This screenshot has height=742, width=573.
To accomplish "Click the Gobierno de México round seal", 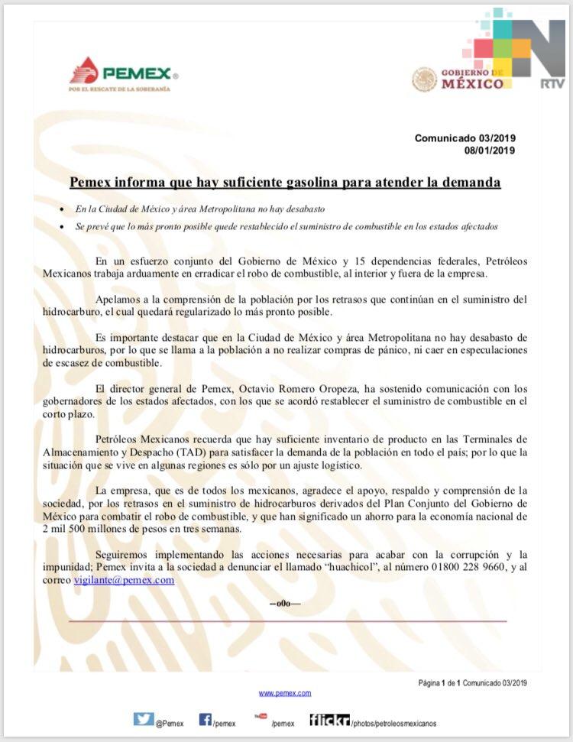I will (425, 79).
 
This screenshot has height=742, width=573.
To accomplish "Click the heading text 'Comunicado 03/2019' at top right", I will (465, 138).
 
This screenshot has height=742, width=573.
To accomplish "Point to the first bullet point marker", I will (61, 209).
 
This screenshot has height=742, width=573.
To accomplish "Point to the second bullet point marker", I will (61, 227).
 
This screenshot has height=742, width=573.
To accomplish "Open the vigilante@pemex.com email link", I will (124, 580).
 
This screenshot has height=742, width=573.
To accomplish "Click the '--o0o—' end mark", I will (285, 604).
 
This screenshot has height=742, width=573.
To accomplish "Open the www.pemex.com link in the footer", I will (285, 693).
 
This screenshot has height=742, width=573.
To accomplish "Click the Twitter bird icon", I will (144, 719).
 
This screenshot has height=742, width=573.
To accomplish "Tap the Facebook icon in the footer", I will (206, 719).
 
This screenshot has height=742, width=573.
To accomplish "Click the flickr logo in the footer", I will (329, 720).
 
